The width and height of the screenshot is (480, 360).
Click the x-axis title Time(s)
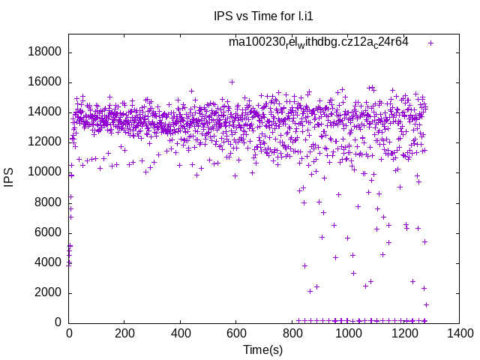262,349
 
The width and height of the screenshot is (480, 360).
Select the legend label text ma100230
319,42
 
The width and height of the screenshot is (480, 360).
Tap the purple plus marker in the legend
430,43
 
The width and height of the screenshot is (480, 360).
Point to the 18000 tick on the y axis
45,52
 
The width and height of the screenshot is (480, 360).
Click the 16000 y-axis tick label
45,82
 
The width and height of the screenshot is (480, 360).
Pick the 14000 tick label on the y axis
45,112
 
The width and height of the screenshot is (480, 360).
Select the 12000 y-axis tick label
45,142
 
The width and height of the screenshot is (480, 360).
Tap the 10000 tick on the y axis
45,172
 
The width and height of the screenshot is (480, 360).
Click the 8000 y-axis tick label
48,202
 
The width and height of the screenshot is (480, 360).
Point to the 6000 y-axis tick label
48,232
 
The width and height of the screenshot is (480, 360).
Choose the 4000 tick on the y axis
48,262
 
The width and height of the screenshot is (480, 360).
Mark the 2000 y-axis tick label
48,292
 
